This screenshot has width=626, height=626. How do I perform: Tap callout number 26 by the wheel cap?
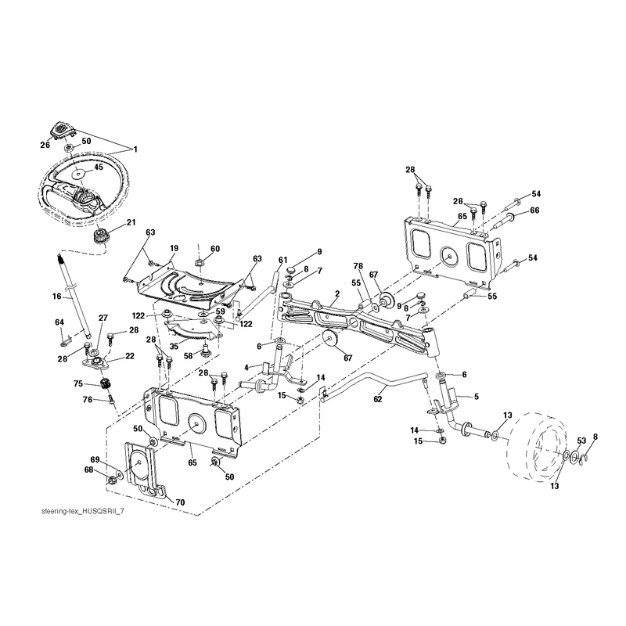click(x=45, y=145)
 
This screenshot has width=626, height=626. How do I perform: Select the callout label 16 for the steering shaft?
click(x=56, y=297)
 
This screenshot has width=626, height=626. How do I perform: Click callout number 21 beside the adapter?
click(x=131, y=222)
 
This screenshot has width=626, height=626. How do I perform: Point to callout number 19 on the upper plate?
click(x=174, y=248)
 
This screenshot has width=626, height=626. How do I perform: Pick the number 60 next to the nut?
click(x=214, y=249)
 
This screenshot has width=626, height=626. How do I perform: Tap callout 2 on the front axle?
click(x=337, y=293)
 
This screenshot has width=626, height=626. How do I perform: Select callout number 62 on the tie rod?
click(x=378, y=399)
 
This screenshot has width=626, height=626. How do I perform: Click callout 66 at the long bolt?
click(x=534, y=210)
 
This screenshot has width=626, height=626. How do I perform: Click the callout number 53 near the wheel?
click(x=581, y=441)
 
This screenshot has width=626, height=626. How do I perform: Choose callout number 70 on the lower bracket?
click(x=180, y=502)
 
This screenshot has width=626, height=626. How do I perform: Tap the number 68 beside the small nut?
click(x=88, y=470)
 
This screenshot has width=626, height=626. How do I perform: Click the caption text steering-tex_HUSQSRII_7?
click(x=83, y=512)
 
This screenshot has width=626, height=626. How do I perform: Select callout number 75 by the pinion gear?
click(x=78, y=383)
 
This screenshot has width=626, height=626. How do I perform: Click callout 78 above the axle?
click(x=358, y=266)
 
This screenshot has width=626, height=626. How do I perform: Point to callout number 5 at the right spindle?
click(x=477, y=397)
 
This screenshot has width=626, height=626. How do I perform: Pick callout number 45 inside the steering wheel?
click(x=98, y=167)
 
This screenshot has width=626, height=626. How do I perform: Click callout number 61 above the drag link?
click(x=282, y=261)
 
